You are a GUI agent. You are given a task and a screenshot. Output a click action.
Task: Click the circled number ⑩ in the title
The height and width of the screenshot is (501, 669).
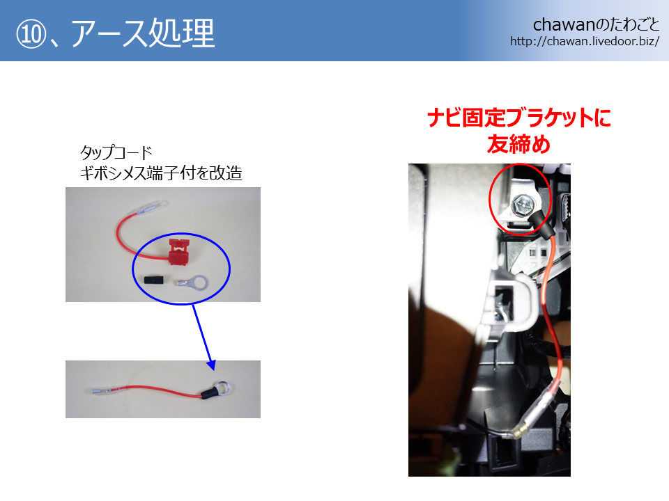point(31,34)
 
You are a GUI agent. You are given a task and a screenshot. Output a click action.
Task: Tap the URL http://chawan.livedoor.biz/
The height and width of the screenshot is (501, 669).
point(585,41)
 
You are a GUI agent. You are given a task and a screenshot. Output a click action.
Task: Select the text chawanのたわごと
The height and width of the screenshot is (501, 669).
point(596,25)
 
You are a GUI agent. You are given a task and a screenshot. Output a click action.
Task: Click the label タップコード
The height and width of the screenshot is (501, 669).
point(116,152)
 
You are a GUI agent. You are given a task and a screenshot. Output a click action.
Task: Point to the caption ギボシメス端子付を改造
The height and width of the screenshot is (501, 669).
point(161,173)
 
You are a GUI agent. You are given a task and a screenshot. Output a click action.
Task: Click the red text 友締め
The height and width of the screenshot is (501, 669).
point(518,144)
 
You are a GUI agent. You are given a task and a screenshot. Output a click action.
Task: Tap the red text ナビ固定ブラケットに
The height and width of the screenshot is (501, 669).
point(518,118)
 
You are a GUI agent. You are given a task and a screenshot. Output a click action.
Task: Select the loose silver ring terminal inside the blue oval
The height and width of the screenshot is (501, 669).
point(193,282)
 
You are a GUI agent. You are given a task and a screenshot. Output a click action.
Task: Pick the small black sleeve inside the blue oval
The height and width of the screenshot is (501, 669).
point(155,281)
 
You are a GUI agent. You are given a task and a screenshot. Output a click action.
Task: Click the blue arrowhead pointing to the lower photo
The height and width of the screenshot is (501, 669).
point(211,365)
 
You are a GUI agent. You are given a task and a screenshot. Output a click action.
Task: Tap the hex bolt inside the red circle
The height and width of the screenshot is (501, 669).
point(523,206)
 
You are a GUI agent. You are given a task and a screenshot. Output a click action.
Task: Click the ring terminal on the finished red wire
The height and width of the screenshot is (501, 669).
point(222,388)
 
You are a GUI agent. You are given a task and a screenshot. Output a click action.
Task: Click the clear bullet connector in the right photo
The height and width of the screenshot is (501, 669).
point(531,417)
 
